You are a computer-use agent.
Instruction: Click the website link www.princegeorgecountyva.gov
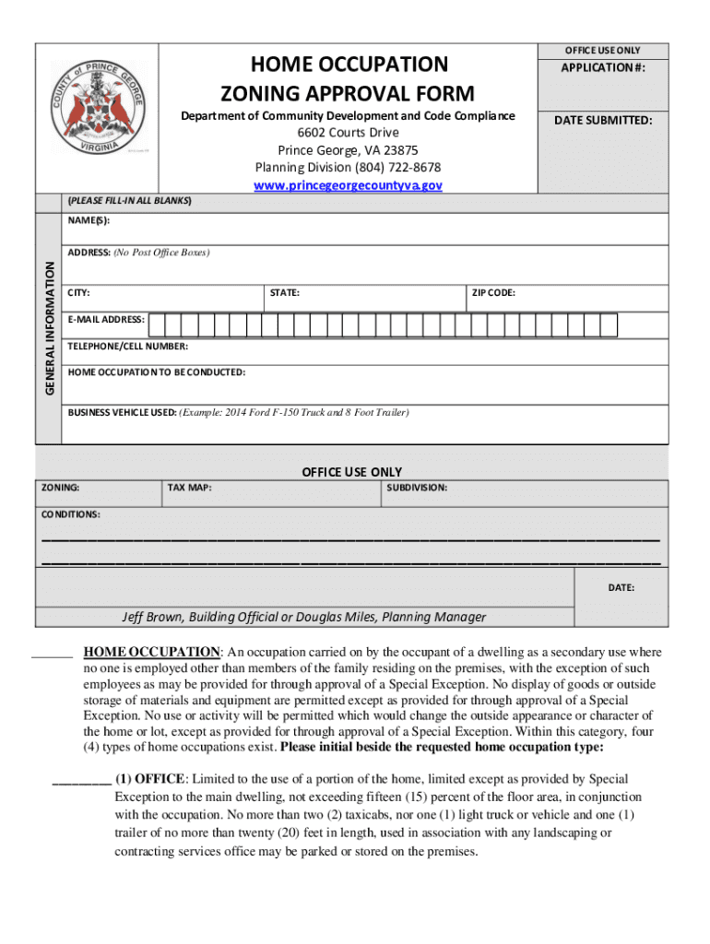[348, 185]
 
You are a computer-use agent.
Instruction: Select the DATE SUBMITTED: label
[604, 120]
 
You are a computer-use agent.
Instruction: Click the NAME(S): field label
[89, 221]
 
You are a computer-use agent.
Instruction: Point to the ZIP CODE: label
[493, 293]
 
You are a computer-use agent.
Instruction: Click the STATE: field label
[284, 293]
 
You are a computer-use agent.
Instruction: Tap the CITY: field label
[79, 293]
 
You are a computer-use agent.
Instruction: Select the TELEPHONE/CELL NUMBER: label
[128, 347]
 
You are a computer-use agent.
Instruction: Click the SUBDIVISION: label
[417, 488]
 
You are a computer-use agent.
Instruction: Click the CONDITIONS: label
[71, 513]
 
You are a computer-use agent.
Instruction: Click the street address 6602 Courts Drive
[348, 133]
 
